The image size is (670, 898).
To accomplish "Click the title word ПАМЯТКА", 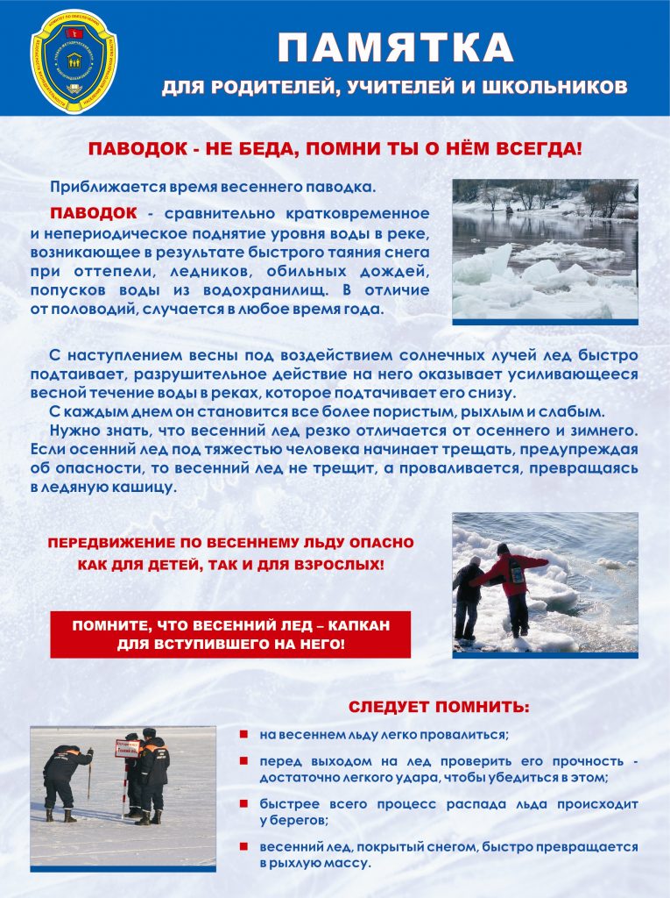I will click(x=395, y=47).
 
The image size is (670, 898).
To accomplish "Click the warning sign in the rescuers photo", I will click(x=128, y=750).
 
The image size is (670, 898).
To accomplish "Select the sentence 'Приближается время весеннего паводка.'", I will click(x=213, y=187).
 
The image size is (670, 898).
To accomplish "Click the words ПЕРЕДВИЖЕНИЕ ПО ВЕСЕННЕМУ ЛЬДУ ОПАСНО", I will click(x=229, y=544).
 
